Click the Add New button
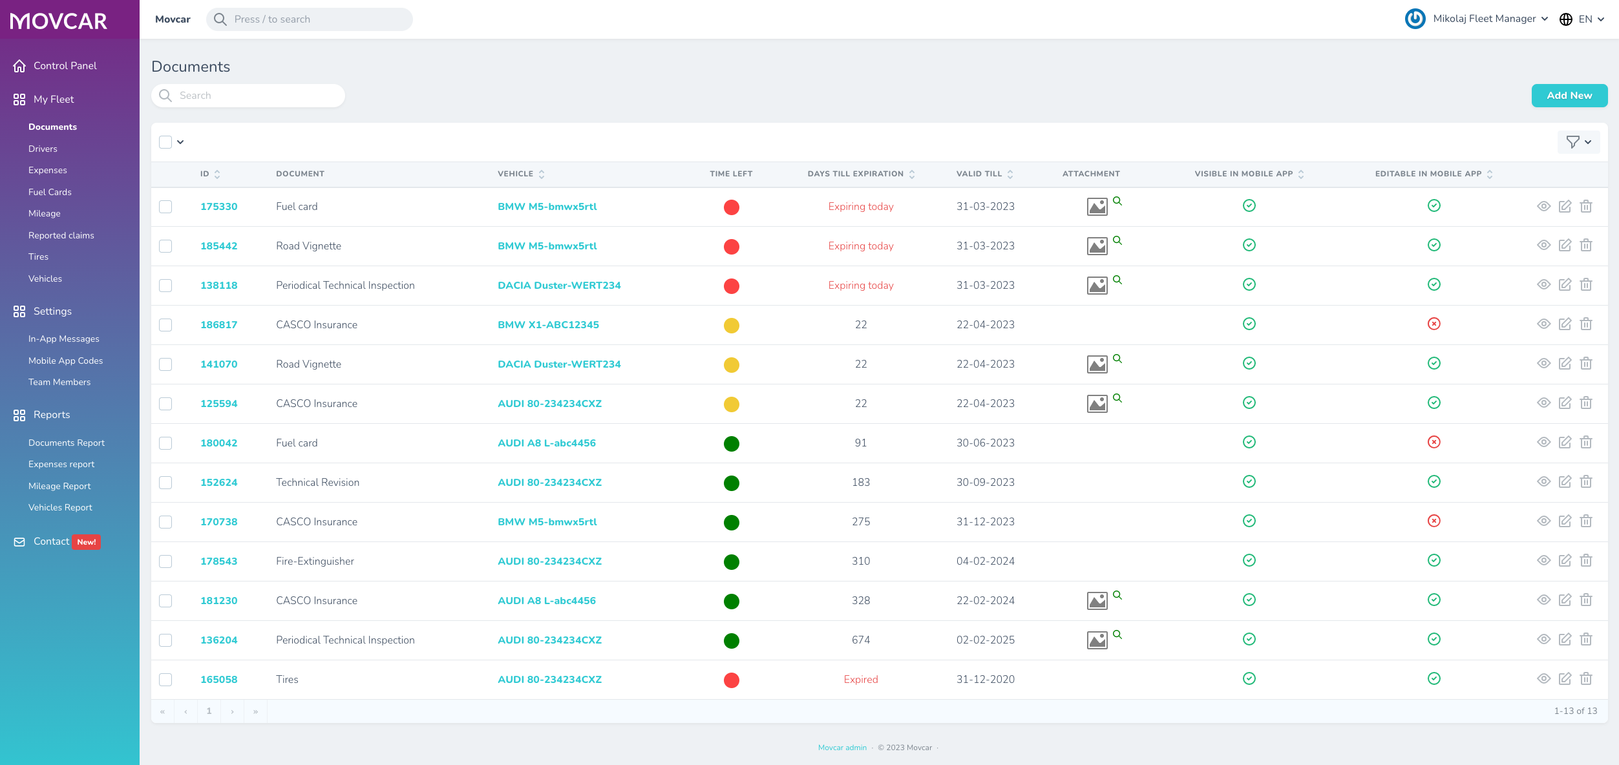tap(1569, 96)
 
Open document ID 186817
tap(218, 325)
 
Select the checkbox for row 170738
tap(165, 522)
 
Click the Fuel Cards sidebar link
tap(50, 192)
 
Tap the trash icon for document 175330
tap(1586, 207)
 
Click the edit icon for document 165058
tap(1565, 679)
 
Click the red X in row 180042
tap(1434, 443)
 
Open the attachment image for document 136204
tap(1097, 640)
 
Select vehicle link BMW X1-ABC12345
tap(548, 325)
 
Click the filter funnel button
tap(1578, 142)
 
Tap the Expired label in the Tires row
tap(860, 680)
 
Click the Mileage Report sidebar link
tap(59, 486)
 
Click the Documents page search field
tap(248, 96)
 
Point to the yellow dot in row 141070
tap(731, 365)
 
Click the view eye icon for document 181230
tap(1543, 600)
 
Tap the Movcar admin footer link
tap(842, 748)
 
